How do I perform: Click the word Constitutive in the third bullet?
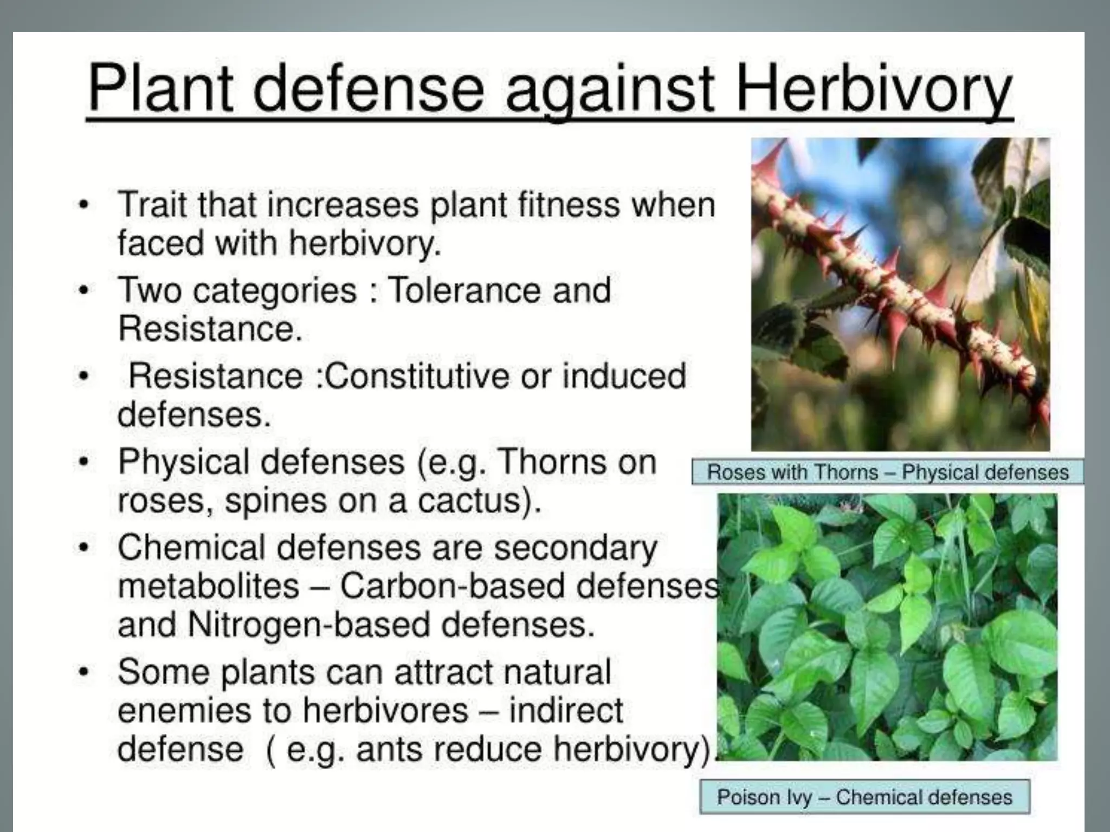(417, 376)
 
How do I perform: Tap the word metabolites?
(208, 586)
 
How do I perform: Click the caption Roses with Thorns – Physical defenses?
(887, 472)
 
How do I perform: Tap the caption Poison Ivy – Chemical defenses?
(864, 797)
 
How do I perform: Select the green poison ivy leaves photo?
(887, 627)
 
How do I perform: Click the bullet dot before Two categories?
(82, 291)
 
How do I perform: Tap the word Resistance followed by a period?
(209, 328)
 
